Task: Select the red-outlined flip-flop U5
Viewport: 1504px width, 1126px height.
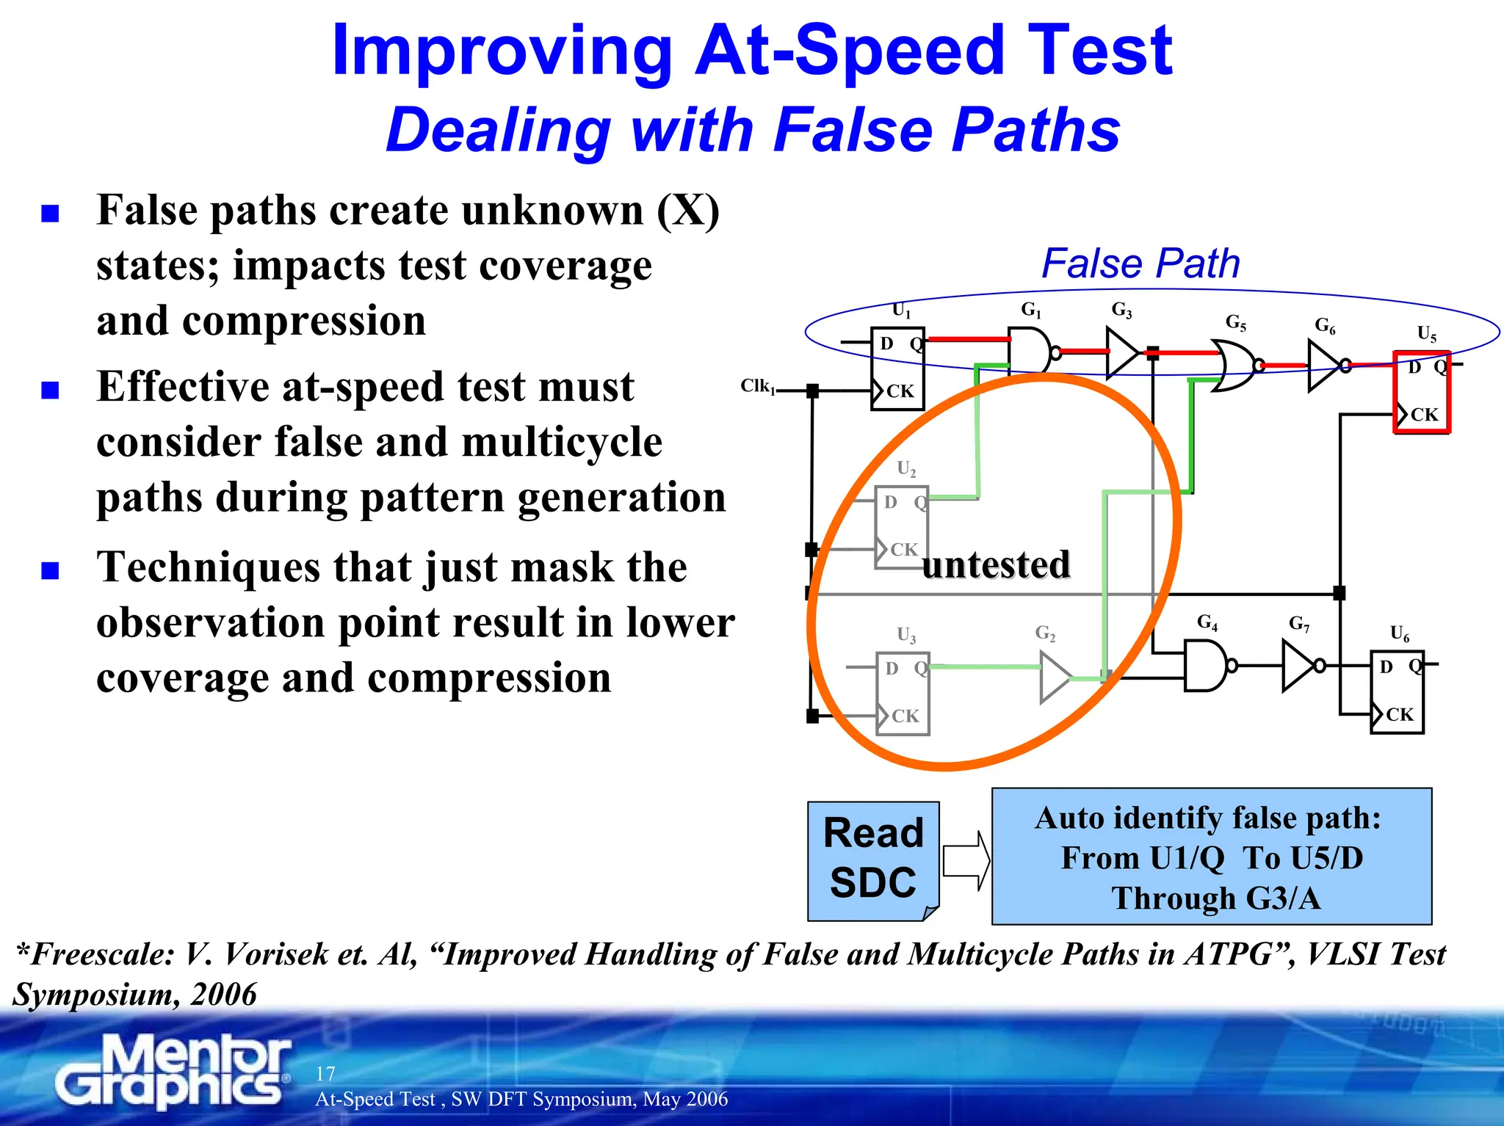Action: pos(1422,393)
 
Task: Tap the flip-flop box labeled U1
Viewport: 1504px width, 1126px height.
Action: pos(897,368)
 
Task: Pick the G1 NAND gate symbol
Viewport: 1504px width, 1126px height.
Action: pos(1031,351)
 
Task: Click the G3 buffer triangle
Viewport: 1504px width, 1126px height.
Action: pos(1121,353)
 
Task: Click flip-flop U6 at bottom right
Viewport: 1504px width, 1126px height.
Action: pos(1397,691)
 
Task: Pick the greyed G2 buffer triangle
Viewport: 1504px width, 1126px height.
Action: pos(1055,678)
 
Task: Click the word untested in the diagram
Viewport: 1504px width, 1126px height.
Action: pos(996,564)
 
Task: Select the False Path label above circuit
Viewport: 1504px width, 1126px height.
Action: pos(1140,263)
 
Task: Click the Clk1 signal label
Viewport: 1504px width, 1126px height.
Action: pos(757,386)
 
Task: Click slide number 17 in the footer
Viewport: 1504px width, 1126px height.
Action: pos(325,1073)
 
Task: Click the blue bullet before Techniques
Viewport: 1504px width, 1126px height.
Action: pos(50,570)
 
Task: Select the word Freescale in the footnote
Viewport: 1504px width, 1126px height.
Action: pos(102,954)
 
